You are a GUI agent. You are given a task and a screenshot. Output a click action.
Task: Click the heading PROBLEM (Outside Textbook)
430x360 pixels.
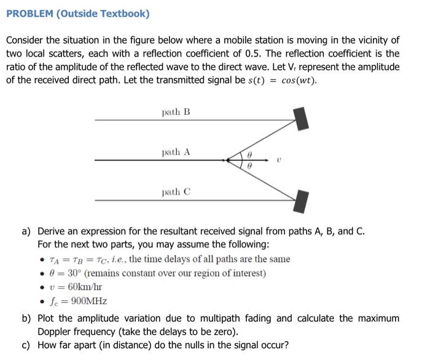pyautogui.click(x=78, y=14)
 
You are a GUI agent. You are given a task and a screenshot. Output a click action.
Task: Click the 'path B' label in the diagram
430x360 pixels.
pyautogui.click(x=176, y=112)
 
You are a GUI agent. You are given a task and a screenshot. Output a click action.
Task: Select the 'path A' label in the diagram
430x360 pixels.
pyautogui.click(x=176, y=152)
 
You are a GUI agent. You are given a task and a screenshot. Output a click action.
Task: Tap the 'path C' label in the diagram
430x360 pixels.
pyautogui.click(x=176, y=192)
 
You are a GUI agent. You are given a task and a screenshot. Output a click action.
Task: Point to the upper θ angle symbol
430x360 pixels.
pyautogui.click(x=249, y=154)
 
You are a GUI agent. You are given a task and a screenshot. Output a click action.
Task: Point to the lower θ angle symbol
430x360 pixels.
pyautogui.click(x=249, y=166)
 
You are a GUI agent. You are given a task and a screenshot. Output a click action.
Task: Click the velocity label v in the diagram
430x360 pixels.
pyautogui.click(x=278, y=159)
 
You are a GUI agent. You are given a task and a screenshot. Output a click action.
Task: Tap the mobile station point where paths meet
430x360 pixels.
pyautogui.click(x=230, y=160)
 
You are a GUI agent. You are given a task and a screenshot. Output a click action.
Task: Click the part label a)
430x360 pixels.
pyautogui.click(x=26, y=232)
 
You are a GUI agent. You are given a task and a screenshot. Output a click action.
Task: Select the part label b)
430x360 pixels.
pyautogui.click(x=26, y=318)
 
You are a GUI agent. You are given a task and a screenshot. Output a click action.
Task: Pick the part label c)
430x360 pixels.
pyautogui.click(x=26, y=345)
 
